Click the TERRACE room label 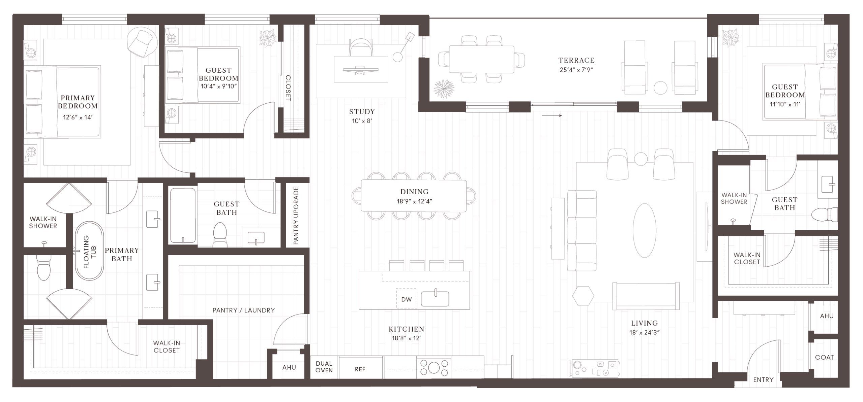click(x=576, y=61)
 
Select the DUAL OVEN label click(x=324, y=367)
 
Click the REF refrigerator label click(x=360, y=369)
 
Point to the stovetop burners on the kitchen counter click(x=434, y=367)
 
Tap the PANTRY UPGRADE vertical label click(x=296, y=215)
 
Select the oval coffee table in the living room click(x=644, y=230)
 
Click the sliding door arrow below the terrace click(x=552, y=116)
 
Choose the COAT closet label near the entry click(x=824, y=357)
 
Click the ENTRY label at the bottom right click(x=763, y=380)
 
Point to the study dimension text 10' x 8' click(x=362, y=121)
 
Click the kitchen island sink click(x=435, y=298)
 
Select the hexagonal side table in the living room click(x=583, y=296)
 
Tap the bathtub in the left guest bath click(x=183, y=215)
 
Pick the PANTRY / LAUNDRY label click(x=243, y=310)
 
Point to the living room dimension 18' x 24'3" click(x=644, y=332)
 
